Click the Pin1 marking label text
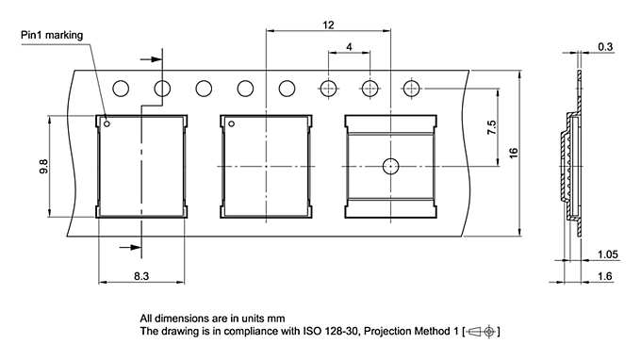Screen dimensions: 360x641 pyautogui.click(x=53, y=36)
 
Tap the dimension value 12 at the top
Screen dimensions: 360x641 pyautogui.click(x=328, y=25)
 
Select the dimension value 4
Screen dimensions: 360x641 pyautogui.click(x=349, y=47)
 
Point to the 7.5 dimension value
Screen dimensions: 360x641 pyautogui.click(x=490, y=128)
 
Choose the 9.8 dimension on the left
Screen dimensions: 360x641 pyautogui.click(x=43, y=167)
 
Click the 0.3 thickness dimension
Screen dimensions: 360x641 pyautogui.click(x=604, y=46)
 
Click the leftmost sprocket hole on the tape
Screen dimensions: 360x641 pyautogui.click(x=121, y=90)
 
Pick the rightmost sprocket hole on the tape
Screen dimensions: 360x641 pyautogui.click(x=411, y=90)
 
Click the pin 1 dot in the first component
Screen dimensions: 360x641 pyautogui.click(x=107, y=123)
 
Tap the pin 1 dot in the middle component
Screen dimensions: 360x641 pyautogui.click(x=232, y=123)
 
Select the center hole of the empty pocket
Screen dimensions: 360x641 pyautogui.click(x=390, y=167)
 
